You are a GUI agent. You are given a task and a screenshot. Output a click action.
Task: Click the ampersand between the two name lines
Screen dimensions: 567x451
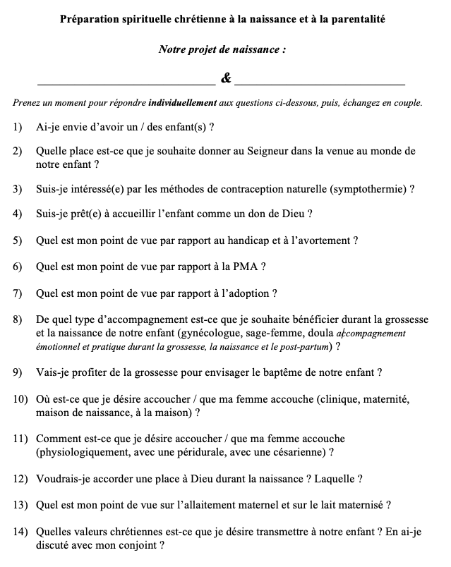tap(226, 78)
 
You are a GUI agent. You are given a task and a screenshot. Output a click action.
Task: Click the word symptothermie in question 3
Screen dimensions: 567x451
tap(367, 189)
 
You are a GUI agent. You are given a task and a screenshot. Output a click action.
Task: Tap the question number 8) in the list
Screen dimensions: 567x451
tap(18, 319)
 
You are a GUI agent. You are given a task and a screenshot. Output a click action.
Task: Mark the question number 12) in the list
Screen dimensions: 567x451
tap(20, 479)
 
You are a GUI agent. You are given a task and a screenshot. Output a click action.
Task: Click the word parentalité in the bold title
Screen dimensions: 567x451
tap(359, 21)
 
